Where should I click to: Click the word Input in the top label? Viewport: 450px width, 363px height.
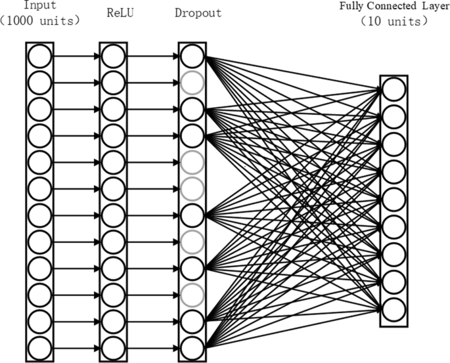pyautogui.click(x=39, y=5)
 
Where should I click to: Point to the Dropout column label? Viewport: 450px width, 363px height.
pyautogui.click(x=198, y=12)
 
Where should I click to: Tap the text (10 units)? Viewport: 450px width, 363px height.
pyautogui.click(x=394, y=21)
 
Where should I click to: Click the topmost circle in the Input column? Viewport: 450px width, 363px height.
pyautogui.click(x=39, y=56)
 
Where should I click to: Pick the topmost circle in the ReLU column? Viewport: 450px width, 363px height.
pyautogui.click(x=112, y=56)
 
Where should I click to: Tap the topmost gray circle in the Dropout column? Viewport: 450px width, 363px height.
pyautogui.click(x=192, y=82)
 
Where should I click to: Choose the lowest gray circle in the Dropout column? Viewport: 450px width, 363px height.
pyautogui.click(x=192, y=293)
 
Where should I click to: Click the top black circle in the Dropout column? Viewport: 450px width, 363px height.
pyautogui.click(x=192, y=56)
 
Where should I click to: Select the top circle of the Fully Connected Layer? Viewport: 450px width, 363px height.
pyautogui.click(x=393, y=89)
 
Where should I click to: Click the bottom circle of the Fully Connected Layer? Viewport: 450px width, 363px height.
pyautogui.click(x=393, y=309)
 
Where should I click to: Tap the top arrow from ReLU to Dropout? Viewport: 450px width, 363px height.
pyautogui.click(x=152, y=56)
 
